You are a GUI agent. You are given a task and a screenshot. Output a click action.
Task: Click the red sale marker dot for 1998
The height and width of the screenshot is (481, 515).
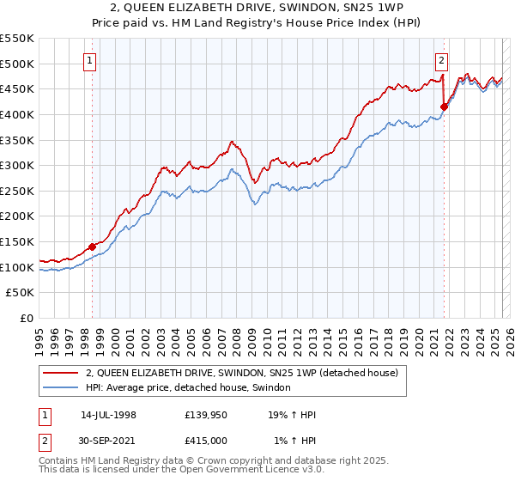point(92,247)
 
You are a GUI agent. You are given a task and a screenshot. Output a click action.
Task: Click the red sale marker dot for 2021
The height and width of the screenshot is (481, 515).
point(444,107)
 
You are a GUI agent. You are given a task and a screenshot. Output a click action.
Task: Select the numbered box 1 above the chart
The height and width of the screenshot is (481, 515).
point(90,60)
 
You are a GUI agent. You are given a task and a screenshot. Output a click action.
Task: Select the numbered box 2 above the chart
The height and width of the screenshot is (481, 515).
point(441,60)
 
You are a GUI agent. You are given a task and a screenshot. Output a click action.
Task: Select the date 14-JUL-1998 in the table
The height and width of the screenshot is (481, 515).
point(108,415)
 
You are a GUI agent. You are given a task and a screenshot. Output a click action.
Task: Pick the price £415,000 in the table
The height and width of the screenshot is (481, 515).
point(206,441)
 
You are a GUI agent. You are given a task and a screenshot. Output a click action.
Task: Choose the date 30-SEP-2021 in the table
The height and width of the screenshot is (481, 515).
point(108,441)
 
